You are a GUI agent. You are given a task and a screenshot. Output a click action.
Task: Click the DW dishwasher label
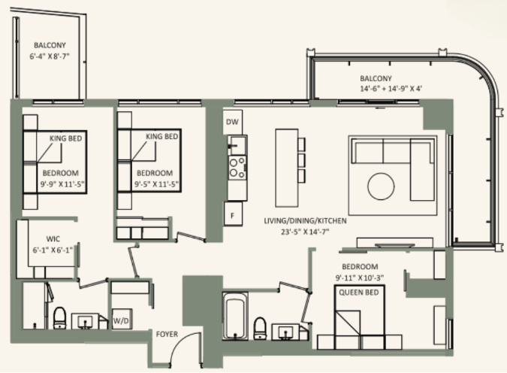[232, 122]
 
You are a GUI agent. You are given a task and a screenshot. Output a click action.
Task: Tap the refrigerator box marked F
[233, 214]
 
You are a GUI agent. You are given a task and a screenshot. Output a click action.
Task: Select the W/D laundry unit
[122, 320]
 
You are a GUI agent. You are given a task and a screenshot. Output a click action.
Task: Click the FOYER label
[167, 334]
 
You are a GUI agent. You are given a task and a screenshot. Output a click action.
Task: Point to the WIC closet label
[53, 239]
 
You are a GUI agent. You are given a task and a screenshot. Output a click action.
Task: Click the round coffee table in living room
[381, 186]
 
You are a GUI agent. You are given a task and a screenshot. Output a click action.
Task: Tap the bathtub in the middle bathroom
[235, 316]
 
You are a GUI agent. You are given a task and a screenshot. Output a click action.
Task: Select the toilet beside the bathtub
[260, 328]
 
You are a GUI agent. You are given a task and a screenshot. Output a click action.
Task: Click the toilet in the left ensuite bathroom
[59, 317]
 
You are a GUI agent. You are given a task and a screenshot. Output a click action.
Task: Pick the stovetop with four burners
[237, 168]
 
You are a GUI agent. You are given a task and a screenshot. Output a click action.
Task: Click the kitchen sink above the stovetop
[237, 145]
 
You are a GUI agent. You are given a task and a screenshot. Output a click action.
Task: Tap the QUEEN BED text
[358, 293]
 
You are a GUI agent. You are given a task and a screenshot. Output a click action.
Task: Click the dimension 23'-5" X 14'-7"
[305, 232]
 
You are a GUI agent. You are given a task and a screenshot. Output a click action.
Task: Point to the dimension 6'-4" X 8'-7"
[50, 56]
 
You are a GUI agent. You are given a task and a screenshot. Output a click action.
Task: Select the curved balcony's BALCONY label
[376, 78]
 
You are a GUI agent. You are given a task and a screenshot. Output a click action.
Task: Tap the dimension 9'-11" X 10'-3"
[360, 277]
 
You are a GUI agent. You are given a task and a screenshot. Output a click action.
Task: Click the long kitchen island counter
[287, 168]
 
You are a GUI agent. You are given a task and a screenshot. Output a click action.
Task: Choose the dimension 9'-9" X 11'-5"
[62, 184]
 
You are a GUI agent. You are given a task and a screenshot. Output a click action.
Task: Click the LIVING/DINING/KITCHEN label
[305, 221]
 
